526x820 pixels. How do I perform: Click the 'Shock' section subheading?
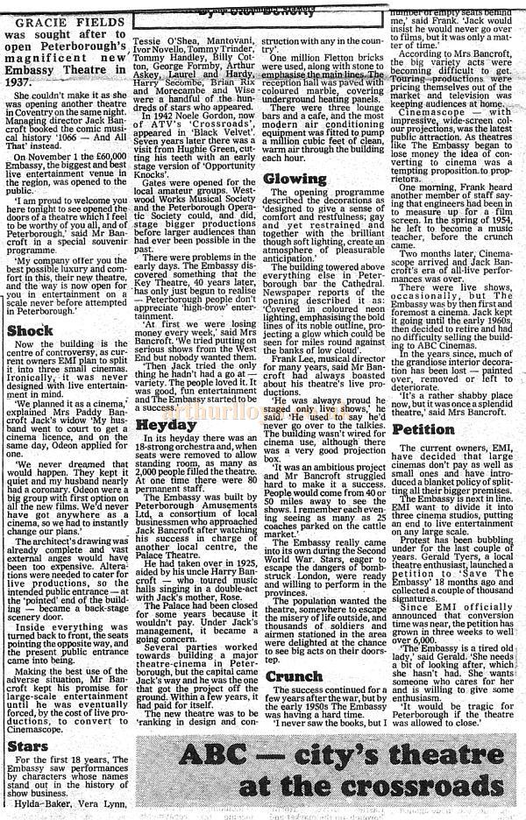(30, 331)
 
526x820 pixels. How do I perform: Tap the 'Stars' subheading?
(29, 723)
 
